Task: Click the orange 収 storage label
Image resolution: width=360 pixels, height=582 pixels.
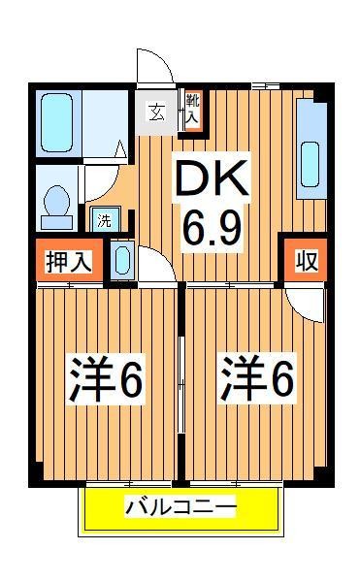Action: point(305,261)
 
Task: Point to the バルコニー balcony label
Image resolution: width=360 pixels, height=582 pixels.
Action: point(180,508)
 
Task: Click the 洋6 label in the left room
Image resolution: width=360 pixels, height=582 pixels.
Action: point(107,379)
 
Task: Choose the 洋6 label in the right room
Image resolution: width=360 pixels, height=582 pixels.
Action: point(257,379)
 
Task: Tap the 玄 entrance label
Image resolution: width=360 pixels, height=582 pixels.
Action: point(156,112)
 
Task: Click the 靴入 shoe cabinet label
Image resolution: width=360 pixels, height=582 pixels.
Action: point(192,110)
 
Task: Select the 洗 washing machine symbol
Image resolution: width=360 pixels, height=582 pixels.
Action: point(104,219)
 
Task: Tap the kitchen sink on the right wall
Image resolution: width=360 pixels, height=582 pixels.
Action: point(311,155)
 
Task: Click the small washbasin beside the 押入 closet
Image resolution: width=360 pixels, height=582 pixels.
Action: point(122,260)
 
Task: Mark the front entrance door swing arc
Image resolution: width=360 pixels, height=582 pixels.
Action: point(155,66)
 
